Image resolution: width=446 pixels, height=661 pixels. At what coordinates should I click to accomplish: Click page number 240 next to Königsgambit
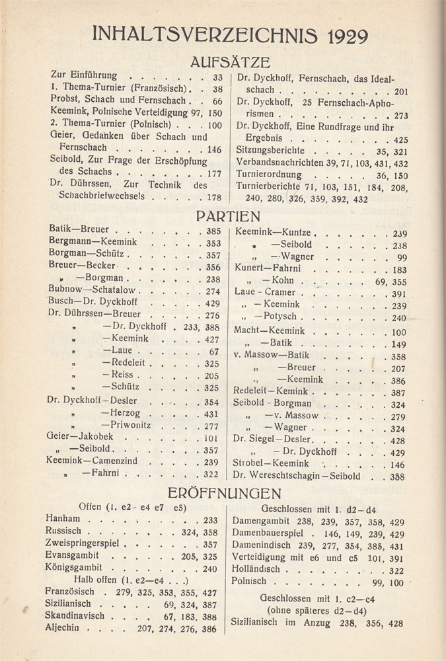coord(210,568)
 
